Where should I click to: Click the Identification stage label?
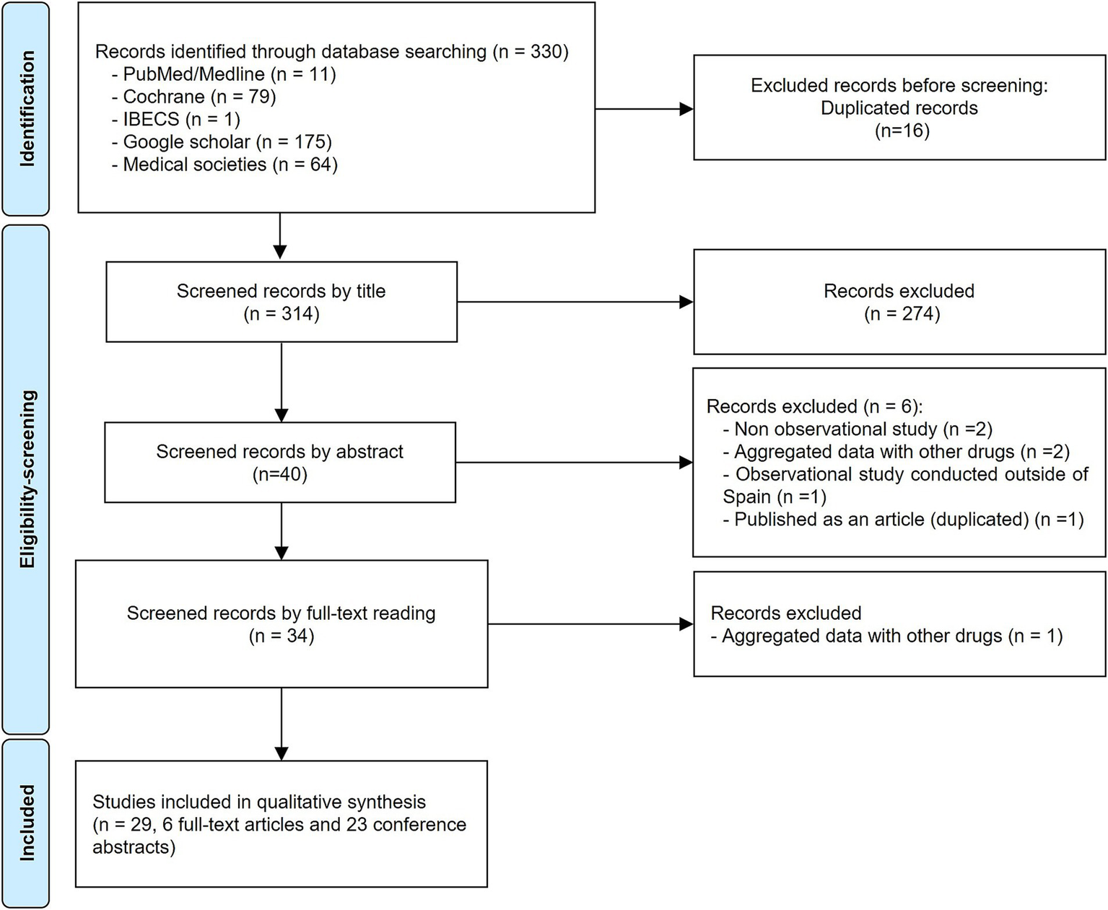click(x=27, y=108)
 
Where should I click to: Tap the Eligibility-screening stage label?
click(x=27, y=479)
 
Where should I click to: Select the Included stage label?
click(x=27, y=823)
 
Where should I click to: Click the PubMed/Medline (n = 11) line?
click(x=224, y=74)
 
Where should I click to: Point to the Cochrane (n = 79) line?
click(x=193, y=97)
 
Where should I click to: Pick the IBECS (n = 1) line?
click(x=175, y=119)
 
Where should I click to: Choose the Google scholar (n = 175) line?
click(x=221, y=141)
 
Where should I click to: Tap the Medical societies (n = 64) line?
click(x=224, y=165)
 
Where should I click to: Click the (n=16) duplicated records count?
click(x=902, y=131)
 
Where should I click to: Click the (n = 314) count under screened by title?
click(x=282, y=314)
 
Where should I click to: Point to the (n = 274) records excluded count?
click(x=902, y=314)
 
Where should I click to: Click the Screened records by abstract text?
click(x=280, y=452)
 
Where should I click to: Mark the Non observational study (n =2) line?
click(x=858, y=429)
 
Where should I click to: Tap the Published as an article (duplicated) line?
click(x=903, y=520)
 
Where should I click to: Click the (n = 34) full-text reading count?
click(x=282, y=636)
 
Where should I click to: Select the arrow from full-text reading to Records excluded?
click(x=590, y=624)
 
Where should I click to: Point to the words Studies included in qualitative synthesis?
click(x=259, y=802)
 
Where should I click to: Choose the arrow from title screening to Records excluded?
click(x=575, y=302)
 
